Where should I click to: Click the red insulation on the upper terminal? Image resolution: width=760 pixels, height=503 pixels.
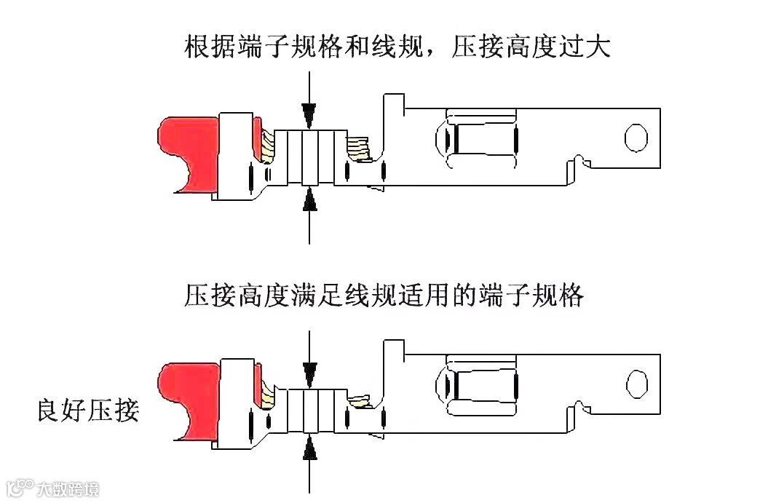(x=186, y=149)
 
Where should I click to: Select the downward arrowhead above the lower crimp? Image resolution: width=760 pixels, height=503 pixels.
(x=310, y=369)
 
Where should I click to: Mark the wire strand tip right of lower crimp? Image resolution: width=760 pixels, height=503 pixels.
(x=360, y=400)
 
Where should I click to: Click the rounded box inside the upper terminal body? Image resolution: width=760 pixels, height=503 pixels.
(x=480, y=138)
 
